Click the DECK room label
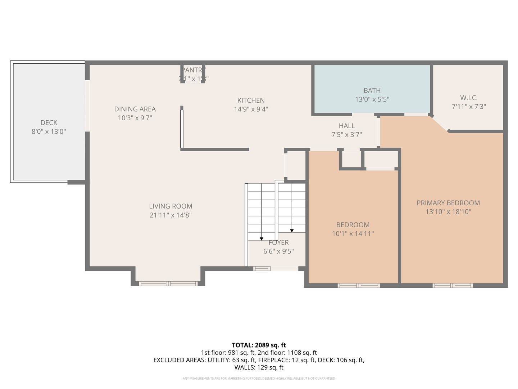(x=49, y=123)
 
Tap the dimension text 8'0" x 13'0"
(x=49, y=132)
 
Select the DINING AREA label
(x=135, y=109)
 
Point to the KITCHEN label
(x=251, y=100)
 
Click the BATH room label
(x=372, y=91)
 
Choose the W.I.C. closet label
(x=469, y=98)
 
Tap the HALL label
(x=347, y=126)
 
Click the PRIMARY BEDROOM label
(x=448, y=203)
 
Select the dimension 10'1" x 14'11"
(x=353, y=234)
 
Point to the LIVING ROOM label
(x=171, y=206)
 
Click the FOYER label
(x=278, y=243)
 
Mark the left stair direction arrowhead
(x=262, y=238)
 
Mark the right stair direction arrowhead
(x=292, y=231)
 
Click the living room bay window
(x=168, y=284)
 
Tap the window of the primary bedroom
(x=453, y=286)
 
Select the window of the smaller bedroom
(x=359, y=286)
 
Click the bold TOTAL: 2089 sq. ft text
(x=259, y=345)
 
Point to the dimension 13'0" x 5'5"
(x=372, y=99)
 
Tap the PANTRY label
(x=193, y=70)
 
